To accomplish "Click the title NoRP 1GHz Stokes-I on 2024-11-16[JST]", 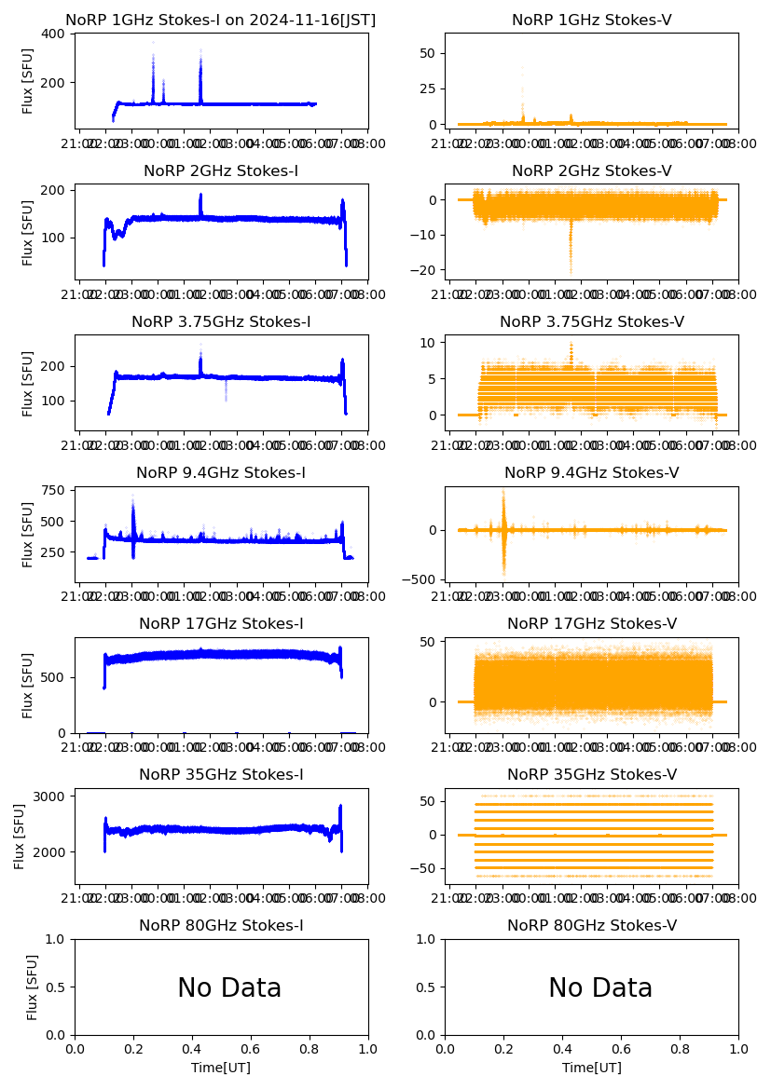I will click(221, 20).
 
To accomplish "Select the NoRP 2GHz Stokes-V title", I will click(591, 170).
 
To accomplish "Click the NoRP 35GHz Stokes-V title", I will click(591, 774).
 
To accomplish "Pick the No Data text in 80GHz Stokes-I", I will click(229, 988).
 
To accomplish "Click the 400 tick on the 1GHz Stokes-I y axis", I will click(53, 34).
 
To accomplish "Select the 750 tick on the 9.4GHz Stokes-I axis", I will click(53, 491).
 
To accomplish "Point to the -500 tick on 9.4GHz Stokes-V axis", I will click(420, 579).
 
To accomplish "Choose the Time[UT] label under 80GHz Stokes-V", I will click(591, 1068).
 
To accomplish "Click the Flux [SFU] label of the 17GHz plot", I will click(28, 685).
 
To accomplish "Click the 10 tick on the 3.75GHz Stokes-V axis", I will click(430, 343).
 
